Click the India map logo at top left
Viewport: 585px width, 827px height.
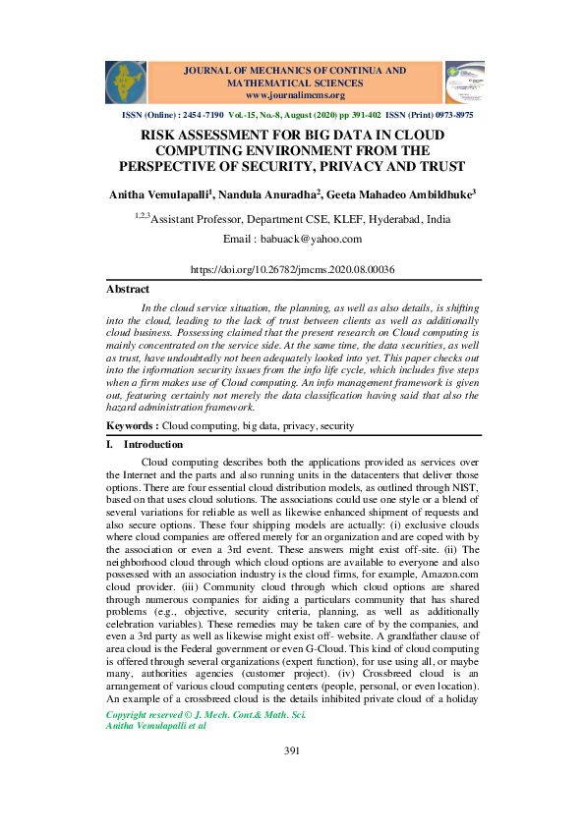coord(125,83)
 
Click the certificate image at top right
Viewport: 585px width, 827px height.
coord(464,83)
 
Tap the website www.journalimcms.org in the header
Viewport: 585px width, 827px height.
coord(295,95)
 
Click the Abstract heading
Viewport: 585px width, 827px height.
coord(128,290)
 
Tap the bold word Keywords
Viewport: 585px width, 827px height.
coord(131,427)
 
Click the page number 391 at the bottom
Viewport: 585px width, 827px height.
coord(292,779)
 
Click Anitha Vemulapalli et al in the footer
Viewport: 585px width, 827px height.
coord(155,752)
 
